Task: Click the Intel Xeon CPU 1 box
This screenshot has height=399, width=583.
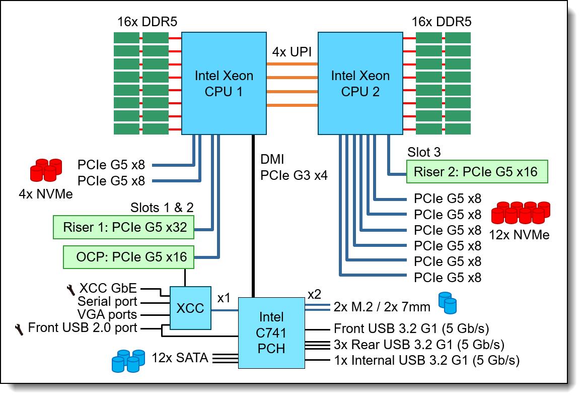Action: (x=224, y=84)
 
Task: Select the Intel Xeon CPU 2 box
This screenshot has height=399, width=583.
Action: (x=360, y=84)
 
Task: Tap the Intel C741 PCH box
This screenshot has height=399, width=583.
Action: (x=271, y=332)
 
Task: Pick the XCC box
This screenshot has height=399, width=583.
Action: (x=190, y=308)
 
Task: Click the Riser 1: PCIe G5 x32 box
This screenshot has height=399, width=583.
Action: (x=125, y=227)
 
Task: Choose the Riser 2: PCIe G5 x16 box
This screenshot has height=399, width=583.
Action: (x=475, y=171)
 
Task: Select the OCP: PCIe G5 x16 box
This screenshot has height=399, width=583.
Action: (x=128, y=257)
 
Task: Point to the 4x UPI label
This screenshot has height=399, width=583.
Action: (x=292, y=52)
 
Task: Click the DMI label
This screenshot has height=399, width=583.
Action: (x=272, y=160)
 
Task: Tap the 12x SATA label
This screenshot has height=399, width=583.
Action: (x=180, y=358)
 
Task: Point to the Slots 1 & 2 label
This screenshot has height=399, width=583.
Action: (x=162, y=207)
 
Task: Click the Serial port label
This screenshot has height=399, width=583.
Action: (x=107, y=302)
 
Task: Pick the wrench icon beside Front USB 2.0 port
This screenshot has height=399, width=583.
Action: (x=20, y=329)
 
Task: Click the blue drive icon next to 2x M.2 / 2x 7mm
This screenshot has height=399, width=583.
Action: (x=447, y=302)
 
